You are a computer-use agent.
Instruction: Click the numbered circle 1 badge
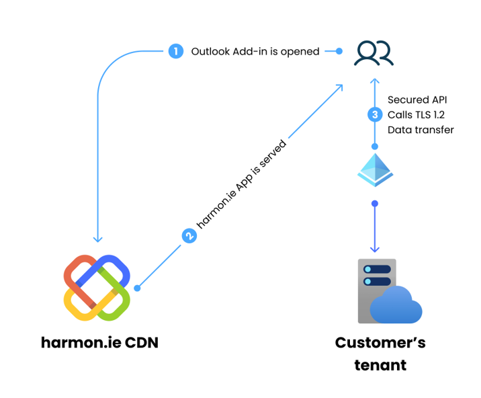click(175, 51)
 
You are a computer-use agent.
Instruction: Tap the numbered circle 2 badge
click(189, 236)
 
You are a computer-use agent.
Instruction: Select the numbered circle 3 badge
click(375, 114)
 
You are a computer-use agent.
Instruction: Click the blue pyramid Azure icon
click(375, 169)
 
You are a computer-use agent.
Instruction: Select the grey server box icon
click(376, 289)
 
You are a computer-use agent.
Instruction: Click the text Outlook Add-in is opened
click(255, 51)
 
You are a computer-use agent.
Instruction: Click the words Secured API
click(417, 99)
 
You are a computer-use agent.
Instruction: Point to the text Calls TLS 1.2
click(416, 114)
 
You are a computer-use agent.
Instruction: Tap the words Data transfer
click(421, 130)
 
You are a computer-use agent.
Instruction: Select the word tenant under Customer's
click(380, 365)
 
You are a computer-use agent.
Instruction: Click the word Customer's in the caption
click(380, 342)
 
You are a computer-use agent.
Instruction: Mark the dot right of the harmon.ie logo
click(137, 288)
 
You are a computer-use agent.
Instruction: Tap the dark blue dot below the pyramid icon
click(375, 203)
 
